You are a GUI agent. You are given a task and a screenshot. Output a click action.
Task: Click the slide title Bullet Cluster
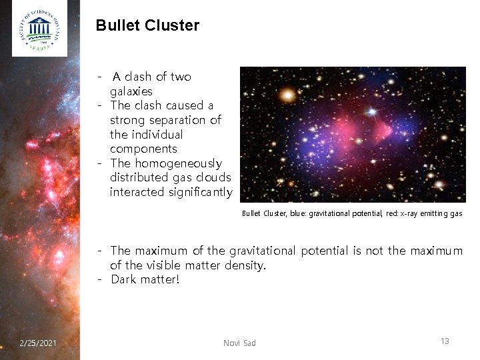point(147,26)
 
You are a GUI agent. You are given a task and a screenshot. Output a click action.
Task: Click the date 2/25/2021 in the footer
point(38,343)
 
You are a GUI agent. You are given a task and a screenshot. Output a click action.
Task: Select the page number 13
point(445,341)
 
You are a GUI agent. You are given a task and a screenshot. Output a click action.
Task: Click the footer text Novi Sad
point(239,343)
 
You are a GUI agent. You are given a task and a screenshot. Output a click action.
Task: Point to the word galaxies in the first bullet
point(131,91)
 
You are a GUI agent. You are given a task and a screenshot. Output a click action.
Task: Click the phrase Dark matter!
point(145,279)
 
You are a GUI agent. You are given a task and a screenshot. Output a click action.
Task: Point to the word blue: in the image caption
point(305,213)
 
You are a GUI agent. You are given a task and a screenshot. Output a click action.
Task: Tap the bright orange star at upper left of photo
point(287,95)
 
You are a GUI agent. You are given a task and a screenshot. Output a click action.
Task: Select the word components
point(143,149)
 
